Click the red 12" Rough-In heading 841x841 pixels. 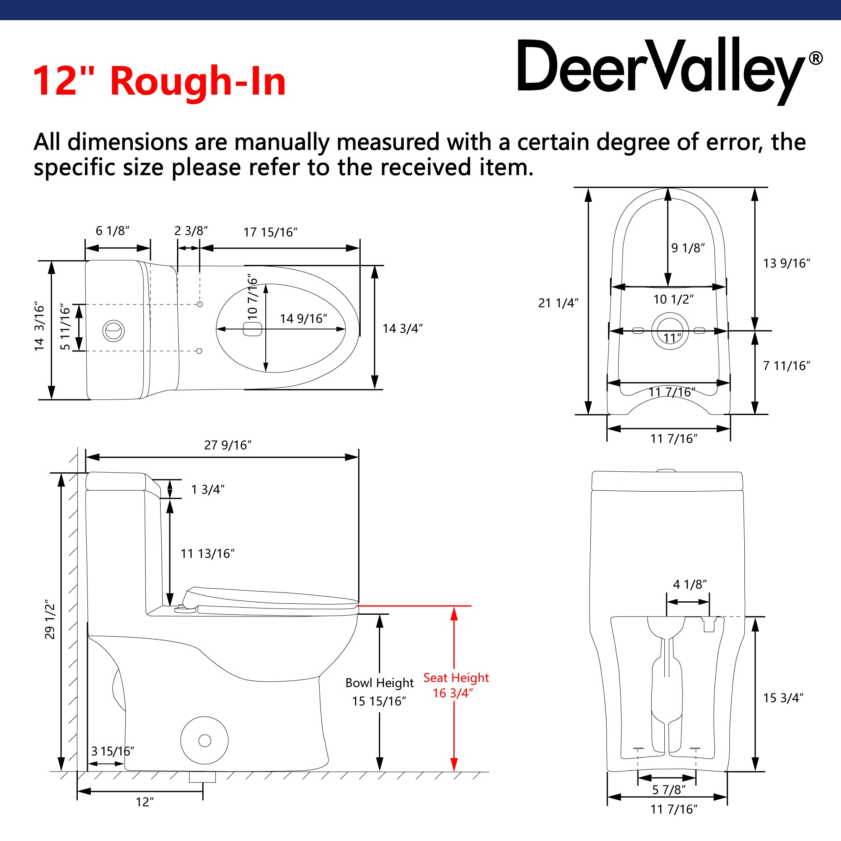[x=159, y=81]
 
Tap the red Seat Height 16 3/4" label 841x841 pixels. [x=456, y=685]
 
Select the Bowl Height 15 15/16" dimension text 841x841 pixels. [x=379, y=692]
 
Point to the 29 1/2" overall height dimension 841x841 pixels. [x=50, y=621]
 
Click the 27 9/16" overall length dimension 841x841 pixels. [x=227, y=445]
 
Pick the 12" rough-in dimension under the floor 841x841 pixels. [x=145, y=802]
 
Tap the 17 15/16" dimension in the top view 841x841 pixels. [x=270, y=232]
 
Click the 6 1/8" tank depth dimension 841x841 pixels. [x=113, y=231]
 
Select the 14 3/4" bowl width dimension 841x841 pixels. [x=403, y=328]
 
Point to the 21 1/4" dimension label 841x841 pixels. [x=558, y=302]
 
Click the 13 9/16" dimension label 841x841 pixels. [x=786, y=263]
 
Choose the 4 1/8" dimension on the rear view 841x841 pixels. [x=690, y=584]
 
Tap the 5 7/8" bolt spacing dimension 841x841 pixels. [x=669, y=789]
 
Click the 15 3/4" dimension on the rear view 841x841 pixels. [x=783, y=698]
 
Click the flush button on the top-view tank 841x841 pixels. [x=114, y=331]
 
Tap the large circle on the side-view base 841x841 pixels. [x=205, y=741]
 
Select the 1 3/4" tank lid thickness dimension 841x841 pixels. [x=208, y=489]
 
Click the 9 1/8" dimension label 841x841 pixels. [x=688, y=248]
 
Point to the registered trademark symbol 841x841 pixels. [x=816, y=58]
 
